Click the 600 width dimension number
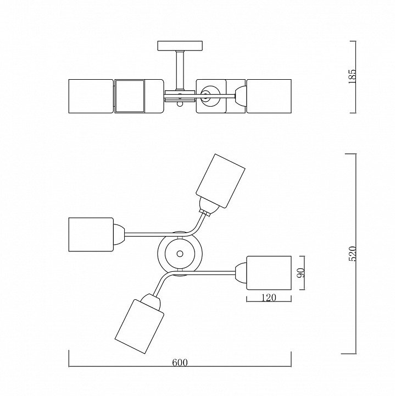(x=180, y=362)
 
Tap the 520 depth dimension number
(x=352, y=254)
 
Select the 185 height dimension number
(x=352, y=76)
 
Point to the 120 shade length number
(x=269, y=298)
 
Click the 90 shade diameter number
(x=301, y=272)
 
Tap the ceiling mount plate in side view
(x=180, y=46)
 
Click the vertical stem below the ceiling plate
(x=180, y=70)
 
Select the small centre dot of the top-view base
(x=180, y=254)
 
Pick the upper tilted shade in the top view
(x=220, y=180)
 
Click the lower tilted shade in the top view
(x=140, y=327)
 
